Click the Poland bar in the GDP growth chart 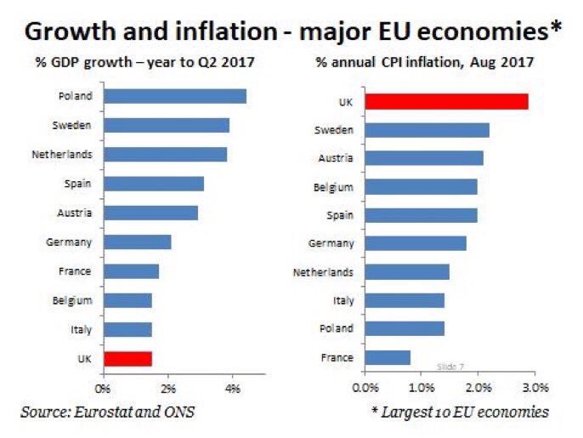(x=174, y=96)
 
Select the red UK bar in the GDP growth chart (x=127, y=358)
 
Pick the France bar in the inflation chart (x=388, y=358)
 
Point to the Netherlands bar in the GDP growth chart (x=165, y=154)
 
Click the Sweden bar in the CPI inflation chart (x=427, y=130)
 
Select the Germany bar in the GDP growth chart (x=137, y=242)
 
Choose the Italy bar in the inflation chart (x=405, y=300)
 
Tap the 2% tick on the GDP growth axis (x=168, y=389)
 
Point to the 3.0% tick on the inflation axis (x=535, y=389)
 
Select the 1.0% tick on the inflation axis (x=422, y=389)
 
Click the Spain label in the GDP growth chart (x=78, y=183)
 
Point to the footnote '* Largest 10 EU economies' (x=459, y=412)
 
